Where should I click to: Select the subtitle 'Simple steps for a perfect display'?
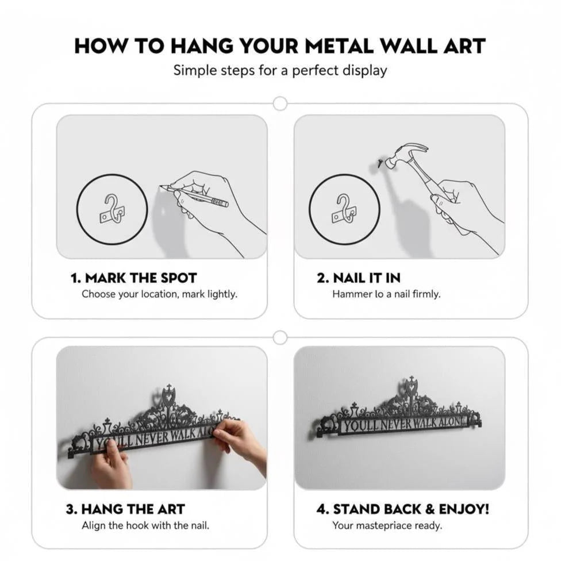280,70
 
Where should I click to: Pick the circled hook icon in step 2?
344,209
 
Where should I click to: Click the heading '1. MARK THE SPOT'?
133,278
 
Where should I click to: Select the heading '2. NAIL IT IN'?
358,278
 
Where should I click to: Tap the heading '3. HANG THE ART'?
125,509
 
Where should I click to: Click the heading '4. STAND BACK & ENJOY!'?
403,509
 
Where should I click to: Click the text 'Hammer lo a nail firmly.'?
386,294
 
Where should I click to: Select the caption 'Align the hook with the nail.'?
145,525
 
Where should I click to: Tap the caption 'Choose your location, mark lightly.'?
159,294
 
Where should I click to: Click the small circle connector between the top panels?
280,103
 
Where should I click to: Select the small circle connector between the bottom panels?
280,337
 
